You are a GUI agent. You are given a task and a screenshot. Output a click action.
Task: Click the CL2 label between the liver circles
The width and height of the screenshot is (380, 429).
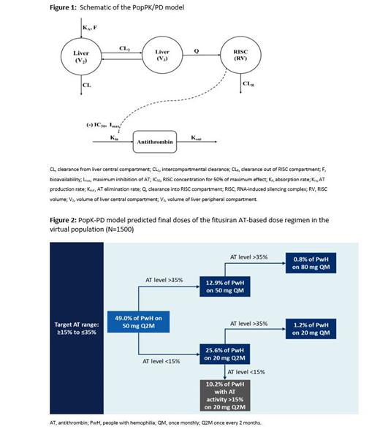click(124, 48)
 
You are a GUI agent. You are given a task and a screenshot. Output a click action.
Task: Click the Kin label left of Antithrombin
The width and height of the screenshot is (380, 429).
click(115, 136)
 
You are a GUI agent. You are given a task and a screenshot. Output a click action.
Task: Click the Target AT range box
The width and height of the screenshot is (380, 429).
click(74, 324)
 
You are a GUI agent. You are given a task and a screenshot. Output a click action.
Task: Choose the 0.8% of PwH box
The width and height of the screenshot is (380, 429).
click(311, 262)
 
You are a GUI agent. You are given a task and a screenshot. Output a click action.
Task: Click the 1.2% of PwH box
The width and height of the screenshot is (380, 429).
click(311, 327)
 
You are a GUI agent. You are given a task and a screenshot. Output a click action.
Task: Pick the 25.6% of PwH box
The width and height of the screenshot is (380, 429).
click(229, 354)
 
